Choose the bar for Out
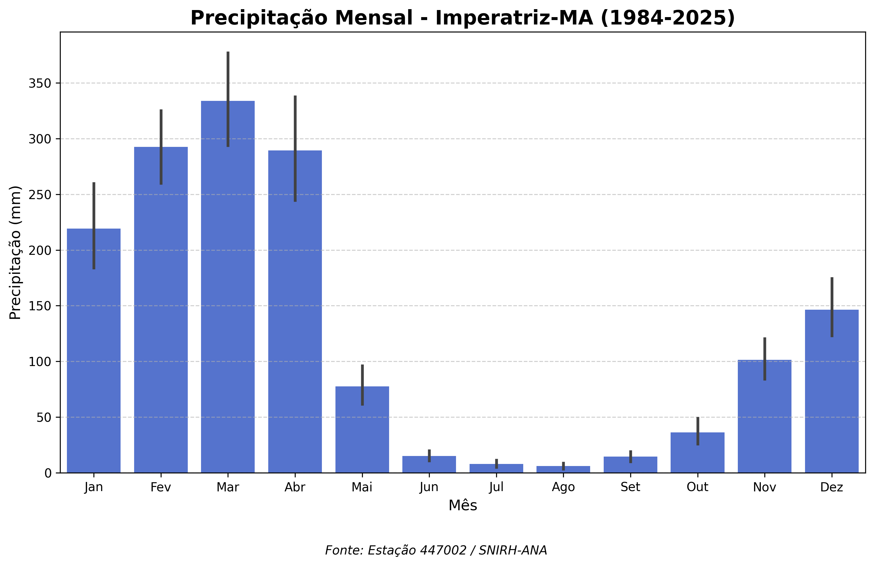pyautogui.click(x=697, y=452)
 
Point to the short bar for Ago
pyautogui.click(x=563, y=469)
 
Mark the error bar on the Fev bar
pyautogui.click(x=161, y=147)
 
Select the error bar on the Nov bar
pyautogui.click(x=765, y=359)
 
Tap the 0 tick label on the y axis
pyautogui.click(x=48, y=473)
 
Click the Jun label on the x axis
pyautogui.click(x=429, y=487)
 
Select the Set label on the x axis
pyautogui.click(x=630, y=487)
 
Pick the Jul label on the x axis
pyautogui.click(x=496, y=487)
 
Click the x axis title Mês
pyautogui.click(x=463, y=506)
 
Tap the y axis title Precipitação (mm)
pyautogui.click(x=15, y=252)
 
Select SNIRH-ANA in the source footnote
pyautogui.click(x=513, y=550)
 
